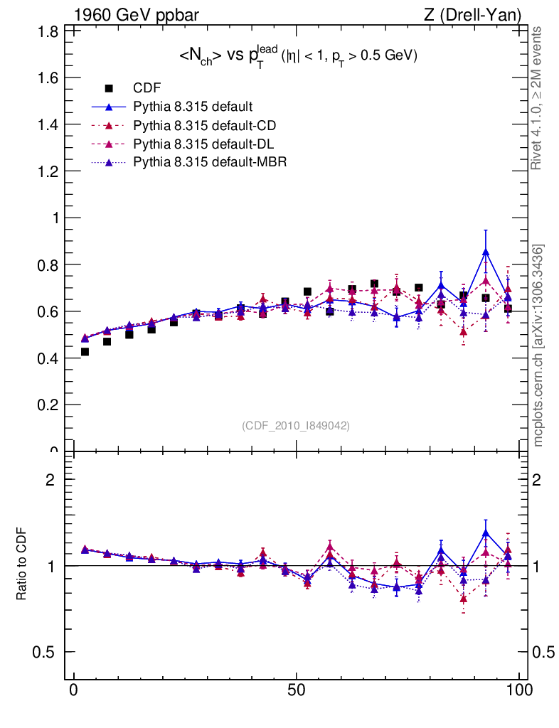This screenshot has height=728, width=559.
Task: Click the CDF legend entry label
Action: (147, 88)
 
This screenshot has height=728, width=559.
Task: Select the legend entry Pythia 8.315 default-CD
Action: (204, 125)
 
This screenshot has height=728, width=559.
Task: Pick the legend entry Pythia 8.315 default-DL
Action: (203, 144)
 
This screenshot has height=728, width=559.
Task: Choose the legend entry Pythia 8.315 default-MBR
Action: (210, 162)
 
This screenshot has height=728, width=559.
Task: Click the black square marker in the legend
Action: (109, 88)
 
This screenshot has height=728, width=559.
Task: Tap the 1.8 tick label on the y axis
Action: (48, 31)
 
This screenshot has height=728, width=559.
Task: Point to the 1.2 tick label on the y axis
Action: (48, 171)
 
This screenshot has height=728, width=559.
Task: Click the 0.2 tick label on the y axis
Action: (48, 405)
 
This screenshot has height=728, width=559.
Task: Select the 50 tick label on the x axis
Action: (297, 690)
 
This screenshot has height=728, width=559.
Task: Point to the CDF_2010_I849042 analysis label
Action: (296, 425)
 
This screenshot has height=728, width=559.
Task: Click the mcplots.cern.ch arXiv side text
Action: (538, 346)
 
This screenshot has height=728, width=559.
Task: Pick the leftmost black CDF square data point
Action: (85, 352)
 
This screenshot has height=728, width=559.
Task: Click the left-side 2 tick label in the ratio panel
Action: (50, 479)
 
